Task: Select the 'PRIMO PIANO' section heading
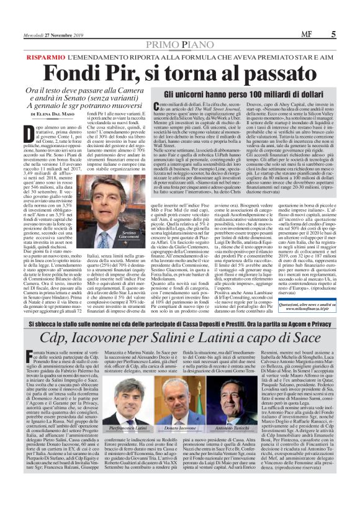[179, 27]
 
